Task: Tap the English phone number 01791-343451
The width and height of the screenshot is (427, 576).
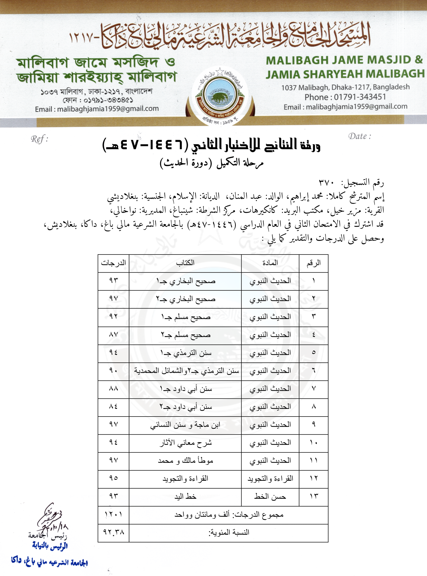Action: click(x=360, y=97)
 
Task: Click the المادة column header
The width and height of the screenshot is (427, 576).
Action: click(x=270, y=263)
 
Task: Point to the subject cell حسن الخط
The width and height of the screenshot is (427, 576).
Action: click(x=270, y=496)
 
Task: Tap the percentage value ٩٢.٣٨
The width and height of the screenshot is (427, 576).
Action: click(x=113, y=532)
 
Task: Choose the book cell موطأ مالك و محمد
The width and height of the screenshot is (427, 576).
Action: click(x=185, y=461)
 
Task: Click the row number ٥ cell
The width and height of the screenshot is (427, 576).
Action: click(x=314, y=353)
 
